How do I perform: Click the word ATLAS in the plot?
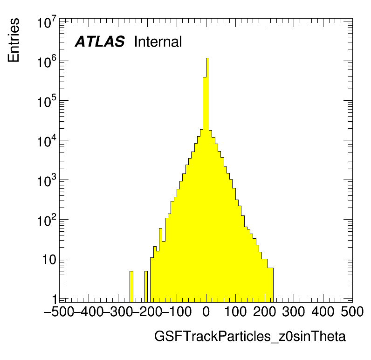coord(100,42)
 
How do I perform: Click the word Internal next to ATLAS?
coord(158,42)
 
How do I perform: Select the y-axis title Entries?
coord(14,40)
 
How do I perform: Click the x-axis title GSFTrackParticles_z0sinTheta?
coord(250,336)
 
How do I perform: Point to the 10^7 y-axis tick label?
coord(47,23)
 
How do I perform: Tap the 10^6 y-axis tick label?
coord(47,63)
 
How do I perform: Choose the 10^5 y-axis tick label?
coord(47,103)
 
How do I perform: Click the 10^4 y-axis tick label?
coord(47,142)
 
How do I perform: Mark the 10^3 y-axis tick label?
coord(47,182)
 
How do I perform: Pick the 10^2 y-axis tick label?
coord(47,222)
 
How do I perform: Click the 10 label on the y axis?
coord(48,260)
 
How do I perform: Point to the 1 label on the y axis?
coord(55,299)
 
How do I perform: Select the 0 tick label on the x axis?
coord(206,312)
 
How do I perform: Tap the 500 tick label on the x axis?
coord(352,312)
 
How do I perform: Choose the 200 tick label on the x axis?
coord(265,312)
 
